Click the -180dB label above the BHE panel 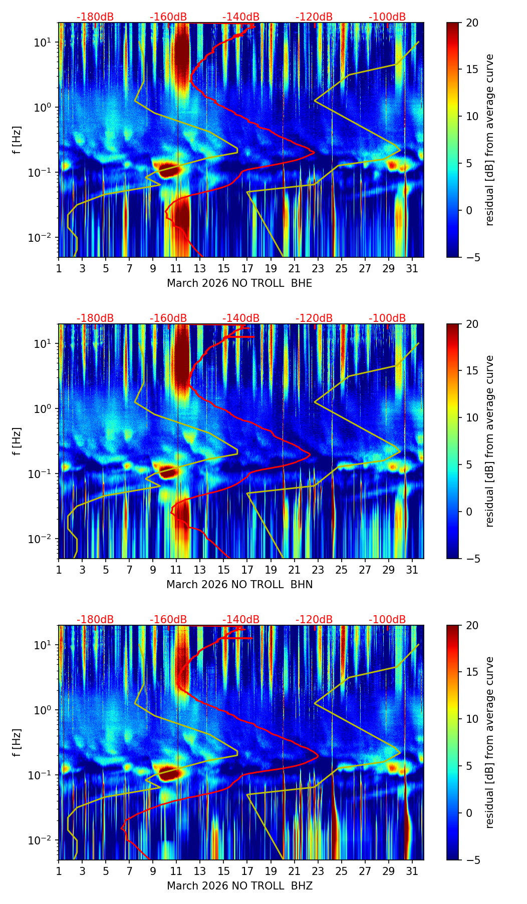click(95, 17)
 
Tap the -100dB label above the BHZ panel click(387, 620)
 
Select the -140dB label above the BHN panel click(241, 318)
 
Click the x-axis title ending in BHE click(239, 283)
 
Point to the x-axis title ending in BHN click(239, 585)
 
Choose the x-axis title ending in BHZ click(239, 886)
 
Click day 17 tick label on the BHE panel click(247, 268)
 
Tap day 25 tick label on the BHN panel click(342, 570)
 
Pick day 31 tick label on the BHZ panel click(412, 871)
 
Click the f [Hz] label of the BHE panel click(17, 140)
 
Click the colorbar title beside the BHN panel click(490, 441)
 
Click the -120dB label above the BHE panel click(314, 17)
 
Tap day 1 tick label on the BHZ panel click(59, 871)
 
